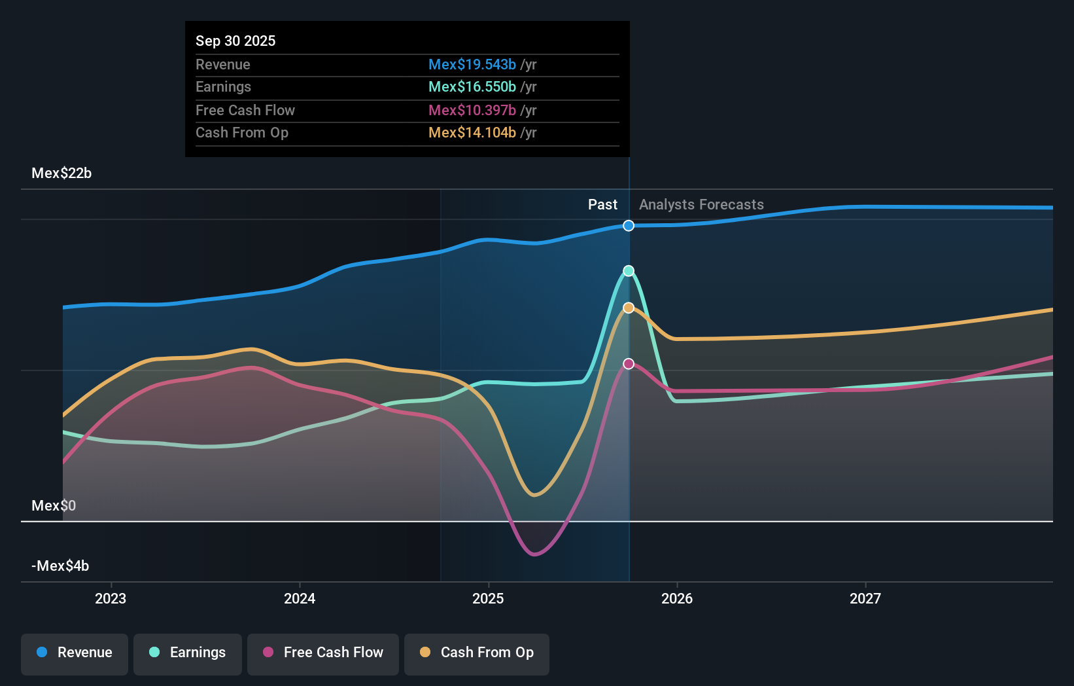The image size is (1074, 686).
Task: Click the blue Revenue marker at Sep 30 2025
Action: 629,226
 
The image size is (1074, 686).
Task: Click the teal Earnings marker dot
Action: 629,271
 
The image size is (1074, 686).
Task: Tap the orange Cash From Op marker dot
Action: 629,308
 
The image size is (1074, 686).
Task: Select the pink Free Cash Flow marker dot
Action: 629,364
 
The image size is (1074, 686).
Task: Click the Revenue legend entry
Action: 75,653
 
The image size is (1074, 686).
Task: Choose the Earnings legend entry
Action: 188,653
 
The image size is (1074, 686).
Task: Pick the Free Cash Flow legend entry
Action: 323,653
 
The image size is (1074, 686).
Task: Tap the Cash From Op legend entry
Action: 477,653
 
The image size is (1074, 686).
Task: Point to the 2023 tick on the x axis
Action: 111,598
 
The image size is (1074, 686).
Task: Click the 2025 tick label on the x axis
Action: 488,598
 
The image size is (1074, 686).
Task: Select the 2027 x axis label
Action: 865,598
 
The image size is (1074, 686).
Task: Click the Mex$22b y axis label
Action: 61,173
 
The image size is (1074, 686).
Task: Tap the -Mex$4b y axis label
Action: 60,566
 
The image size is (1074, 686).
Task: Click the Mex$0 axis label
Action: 54,506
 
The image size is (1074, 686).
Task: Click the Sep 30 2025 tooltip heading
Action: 235,41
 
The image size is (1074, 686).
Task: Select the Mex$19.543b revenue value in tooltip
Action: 472,65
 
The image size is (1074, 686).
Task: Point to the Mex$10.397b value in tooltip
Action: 472,111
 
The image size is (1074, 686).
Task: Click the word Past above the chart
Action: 602,205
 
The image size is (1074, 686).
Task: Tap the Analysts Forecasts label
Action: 701,205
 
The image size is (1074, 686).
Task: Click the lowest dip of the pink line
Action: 535,554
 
